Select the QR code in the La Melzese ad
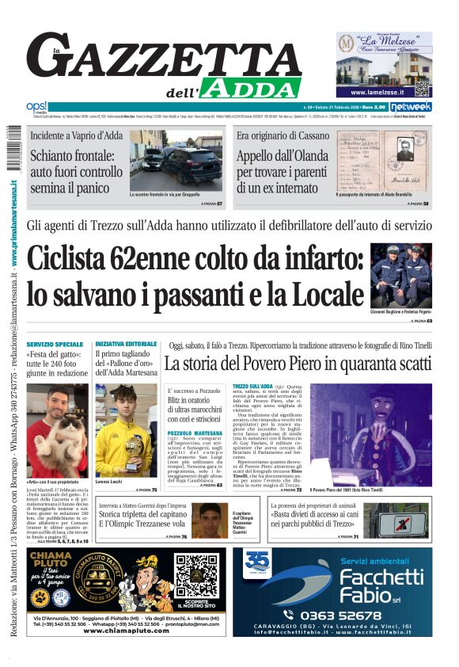422,87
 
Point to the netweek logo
410,107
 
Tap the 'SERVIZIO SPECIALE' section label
55,345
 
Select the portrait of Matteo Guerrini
207,520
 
